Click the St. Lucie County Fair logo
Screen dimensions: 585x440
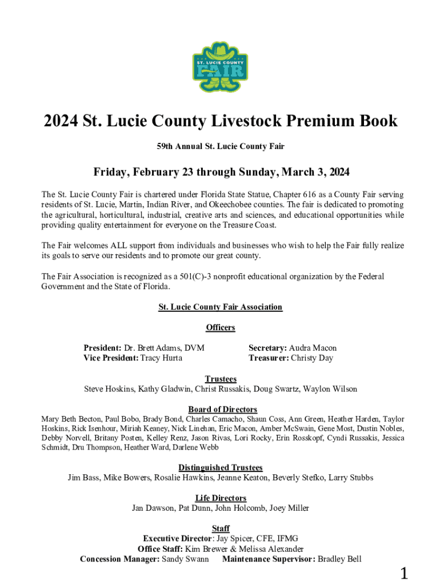coord(220,67)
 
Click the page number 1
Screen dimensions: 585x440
coord(404,574)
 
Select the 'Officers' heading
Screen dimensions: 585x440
coord(220,327)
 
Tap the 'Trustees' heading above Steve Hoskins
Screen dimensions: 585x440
coord(220,379)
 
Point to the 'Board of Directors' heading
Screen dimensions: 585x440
coord(222,409)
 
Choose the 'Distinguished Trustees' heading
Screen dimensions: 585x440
coord(220,467)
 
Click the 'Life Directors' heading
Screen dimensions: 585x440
coord(220,498)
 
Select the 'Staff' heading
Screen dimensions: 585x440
coord(220,528)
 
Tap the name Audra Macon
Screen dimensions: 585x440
coord(313,348)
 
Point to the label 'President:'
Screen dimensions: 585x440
coord(102,348)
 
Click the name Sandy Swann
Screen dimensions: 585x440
coord(185,559)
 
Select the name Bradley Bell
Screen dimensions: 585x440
coord(339,559)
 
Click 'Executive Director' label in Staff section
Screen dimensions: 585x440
coord(178,539)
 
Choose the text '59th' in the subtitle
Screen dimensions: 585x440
coord(166,147)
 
